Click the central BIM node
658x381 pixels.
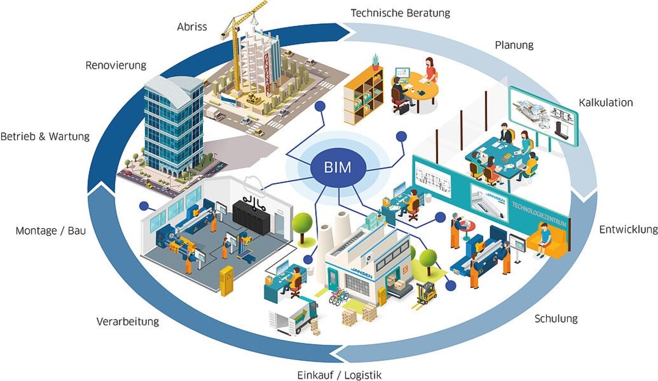pyautogui.click(x=337, y=168)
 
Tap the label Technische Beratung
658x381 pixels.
pyautogui.click(x=400, y=13)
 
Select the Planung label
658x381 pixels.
pyautogui.click(x=514, y=45)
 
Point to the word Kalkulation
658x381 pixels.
pyautogui.click(x=605, y=102)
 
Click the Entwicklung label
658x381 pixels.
pyautogui.click(x=628, y=229)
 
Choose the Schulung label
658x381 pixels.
pyautogui.click(x=556, y=318)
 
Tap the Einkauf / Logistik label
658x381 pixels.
pyautogui.click(x=339, y=375)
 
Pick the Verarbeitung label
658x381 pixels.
pyautogui.click(x=128, y=321)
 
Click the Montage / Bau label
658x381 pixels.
pyautogui.click(x=51, y=231)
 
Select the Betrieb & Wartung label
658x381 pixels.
pyautogui.click(x=45, y=136)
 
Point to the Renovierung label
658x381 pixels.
pyautogui.click(x=116, y=66)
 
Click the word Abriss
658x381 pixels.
pyautogui.click(x=192, y=26)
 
